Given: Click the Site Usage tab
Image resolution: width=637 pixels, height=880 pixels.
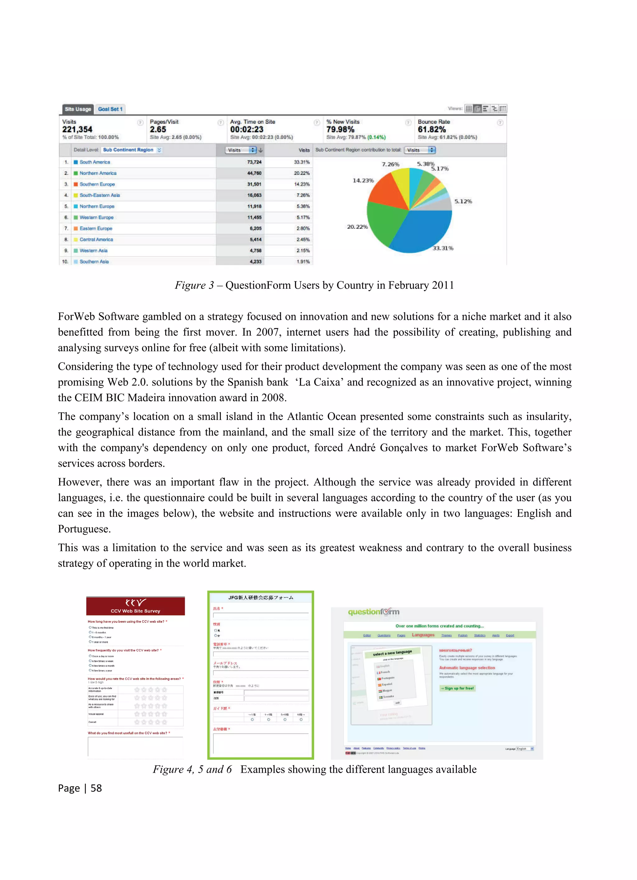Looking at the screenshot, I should tap(78, 109).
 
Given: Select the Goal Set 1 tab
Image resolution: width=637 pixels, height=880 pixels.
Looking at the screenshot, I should tap(110, 109).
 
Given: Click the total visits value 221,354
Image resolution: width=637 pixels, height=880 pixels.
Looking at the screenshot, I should tap(77, 130).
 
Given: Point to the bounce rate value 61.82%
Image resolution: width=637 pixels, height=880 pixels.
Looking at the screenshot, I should tap(431, 130).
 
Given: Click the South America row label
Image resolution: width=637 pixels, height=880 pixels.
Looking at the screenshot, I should tap(95, 162).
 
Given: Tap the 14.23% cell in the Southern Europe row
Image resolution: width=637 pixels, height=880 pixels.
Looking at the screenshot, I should tap(302, 184).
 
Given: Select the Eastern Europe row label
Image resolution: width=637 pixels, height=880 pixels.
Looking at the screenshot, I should tap(96, 228).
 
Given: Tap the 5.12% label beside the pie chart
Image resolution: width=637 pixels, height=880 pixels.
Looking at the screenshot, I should tap(463, 201).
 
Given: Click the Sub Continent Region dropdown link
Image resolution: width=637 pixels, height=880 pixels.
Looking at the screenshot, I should tap(128, 150).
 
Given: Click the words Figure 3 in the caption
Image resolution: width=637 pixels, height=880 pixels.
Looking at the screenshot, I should tap(194, 285).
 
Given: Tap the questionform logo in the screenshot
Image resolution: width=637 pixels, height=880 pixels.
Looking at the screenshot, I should tap(374, 612).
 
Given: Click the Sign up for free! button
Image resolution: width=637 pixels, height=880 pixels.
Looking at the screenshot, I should tap(457, 688).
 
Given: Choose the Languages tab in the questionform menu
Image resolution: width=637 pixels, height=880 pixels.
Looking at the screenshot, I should tap(423, 635).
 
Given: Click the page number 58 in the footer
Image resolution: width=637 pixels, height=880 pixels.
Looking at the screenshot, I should tap(96, 788).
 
